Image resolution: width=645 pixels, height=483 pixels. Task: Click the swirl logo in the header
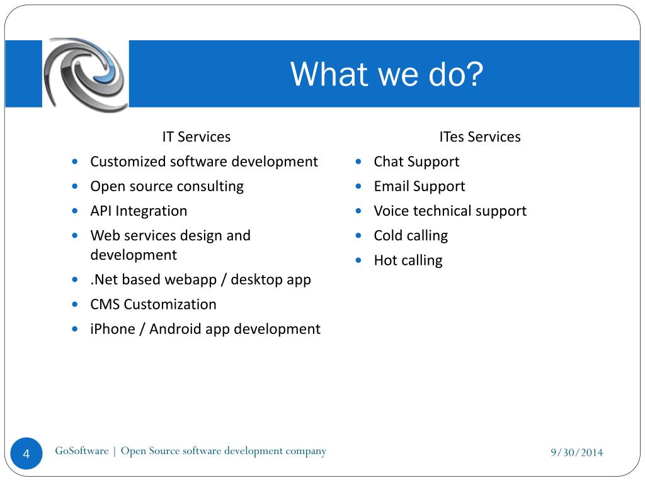[x=86, y=74]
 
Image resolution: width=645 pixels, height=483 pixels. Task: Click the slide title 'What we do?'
[x=386, y=74]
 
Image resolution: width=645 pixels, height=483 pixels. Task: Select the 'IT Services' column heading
[x=197, y=136]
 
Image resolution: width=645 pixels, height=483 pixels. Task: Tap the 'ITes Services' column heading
[x=480, y=136]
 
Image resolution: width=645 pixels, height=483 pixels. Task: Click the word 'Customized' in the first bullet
[x=128, y=162]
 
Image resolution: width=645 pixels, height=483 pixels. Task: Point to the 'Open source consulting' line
[x=167, y=186]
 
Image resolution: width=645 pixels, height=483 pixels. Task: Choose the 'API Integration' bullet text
[x=139, y=211]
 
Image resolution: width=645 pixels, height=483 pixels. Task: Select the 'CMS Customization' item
[x=153, y=304]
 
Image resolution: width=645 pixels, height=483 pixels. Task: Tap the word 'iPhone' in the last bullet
[x=112, y=329]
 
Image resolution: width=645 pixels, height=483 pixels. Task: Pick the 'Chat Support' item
[x=416, y=162]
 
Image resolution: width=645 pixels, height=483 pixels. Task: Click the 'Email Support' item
[x=420, y=186]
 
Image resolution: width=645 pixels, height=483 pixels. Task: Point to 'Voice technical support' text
[x=450, y=211]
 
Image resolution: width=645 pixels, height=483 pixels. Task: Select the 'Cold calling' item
[x=411, y=236]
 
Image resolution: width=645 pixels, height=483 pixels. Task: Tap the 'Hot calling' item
[x=408, y=260]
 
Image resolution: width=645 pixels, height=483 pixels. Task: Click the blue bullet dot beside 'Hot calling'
[x=358, y=260]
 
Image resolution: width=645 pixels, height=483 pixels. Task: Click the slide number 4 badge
[x=26, y=453]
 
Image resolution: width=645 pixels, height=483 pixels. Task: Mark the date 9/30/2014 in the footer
[x=576, y=452]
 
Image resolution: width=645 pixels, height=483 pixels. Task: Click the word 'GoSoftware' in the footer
[x=81, y=451]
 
